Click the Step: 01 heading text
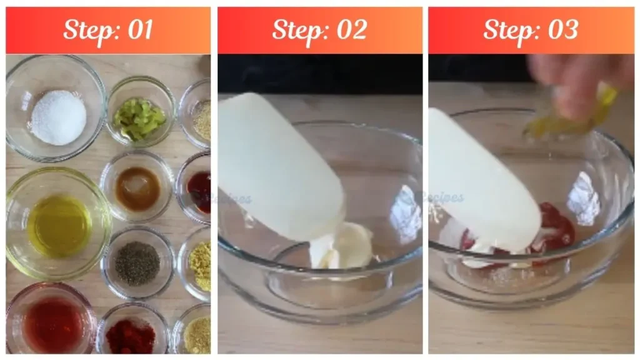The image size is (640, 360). (x=108, y=29)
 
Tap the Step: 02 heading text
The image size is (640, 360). (x=319, y=29)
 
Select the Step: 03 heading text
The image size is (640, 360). (x=531, y=29)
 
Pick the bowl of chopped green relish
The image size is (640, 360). (x=140, y=117)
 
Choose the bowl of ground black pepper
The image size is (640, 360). (x=137, y=263)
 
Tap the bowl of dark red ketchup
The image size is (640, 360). (x=198, y=190)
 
